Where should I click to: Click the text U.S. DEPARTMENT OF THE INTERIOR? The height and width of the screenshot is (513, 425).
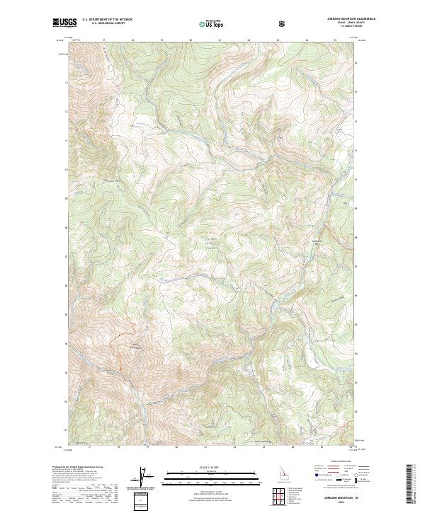108,20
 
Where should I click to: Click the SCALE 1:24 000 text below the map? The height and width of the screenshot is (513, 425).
193,467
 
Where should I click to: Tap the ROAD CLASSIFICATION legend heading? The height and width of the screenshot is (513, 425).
338,464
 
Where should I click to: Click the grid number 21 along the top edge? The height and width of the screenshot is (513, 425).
220,40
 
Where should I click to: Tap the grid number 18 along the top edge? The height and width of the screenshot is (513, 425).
133,40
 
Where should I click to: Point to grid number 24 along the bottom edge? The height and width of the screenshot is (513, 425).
307,448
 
